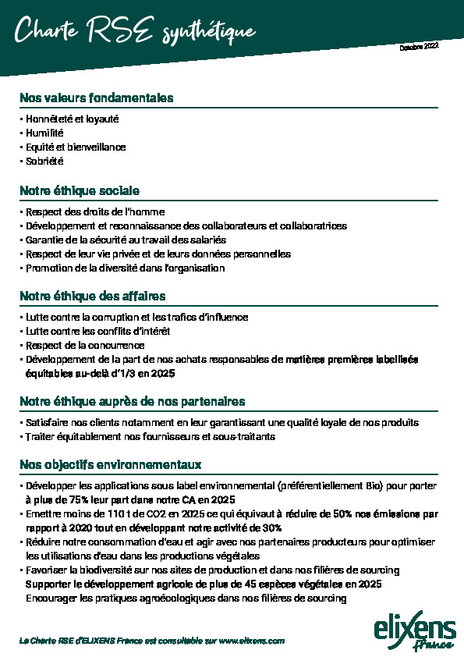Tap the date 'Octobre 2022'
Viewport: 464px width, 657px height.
[419, 47]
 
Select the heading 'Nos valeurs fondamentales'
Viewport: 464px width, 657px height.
[97, 98]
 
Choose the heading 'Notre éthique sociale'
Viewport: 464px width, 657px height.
[80, 190]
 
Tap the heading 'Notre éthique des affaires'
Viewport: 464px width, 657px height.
[93, 297]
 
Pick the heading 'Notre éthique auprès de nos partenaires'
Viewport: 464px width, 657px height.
[133, 402]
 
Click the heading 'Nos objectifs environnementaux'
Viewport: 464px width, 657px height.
[111, 464]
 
